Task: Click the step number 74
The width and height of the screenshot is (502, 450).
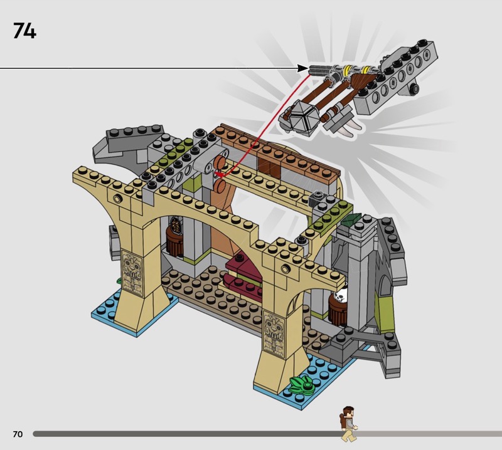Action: [24, 31]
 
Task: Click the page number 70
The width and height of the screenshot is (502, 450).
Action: [18, 434]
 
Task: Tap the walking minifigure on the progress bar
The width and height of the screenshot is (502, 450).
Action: [348, 424]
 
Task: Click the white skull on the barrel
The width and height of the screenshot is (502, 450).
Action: [340, 296]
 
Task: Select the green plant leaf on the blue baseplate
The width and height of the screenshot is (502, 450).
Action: [301, 384]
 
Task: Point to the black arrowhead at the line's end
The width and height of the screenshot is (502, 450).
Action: [302, 68]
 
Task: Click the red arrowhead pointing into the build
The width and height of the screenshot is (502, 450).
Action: [218, 174]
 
